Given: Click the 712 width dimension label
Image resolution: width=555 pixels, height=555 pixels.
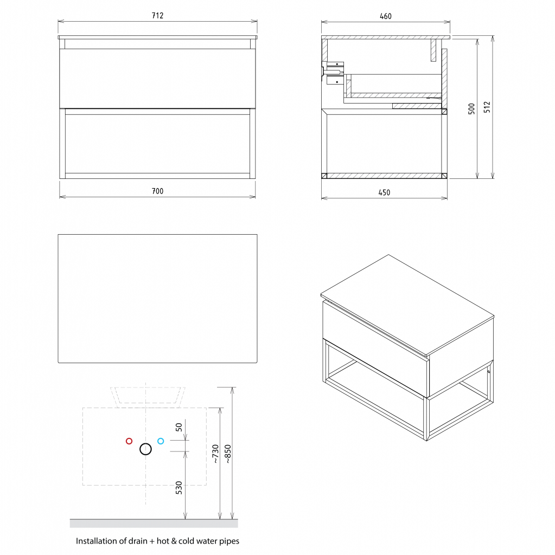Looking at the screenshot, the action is click(x=157, y=16).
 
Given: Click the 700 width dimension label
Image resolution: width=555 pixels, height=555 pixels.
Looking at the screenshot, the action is click(x=157, y=191).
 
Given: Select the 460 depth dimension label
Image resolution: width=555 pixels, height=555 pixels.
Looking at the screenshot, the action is click(x=386, y=16).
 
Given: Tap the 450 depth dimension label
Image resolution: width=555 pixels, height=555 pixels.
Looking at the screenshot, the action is click(x=384, y=192).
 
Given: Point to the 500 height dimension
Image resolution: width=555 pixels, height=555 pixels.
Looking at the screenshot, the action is click(x=471, y=108).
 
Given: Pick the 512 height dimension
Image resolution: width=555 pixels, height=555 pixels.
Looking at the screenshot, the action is click(x=487, y=107).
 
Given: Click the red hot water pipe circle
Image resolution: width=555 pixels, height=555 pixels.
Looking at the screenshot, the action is click(x=129, y=441).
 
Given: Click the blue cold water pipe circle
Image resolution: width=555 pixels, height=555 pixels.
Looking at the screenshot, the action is click(x=161, y=441).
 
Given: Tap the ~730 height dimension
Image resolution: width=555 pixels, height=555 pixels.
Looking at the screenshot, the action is click(x=215, y=454).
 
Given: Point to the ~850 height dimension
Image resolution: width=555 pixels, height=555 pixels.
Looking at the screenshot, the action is click(x=228, y=454).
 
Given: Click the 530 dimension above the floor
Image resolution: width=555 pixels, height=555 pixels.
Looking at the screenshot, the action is click(x=179, y=488).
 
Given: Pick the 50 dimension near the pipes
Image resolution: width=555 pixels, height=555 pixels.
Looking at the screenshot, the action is click(x=179, y=427).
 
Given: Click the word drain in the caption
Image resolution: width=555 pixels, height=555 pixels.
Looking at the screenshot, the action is click(x=138, y=541).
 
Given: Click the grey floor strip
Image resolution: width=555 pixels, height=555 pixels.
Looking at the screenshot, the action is click(x=154, y=524).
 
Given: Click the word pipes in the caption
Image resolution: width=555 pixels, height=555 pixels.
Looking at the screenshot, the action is click(x=229, y=541).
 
